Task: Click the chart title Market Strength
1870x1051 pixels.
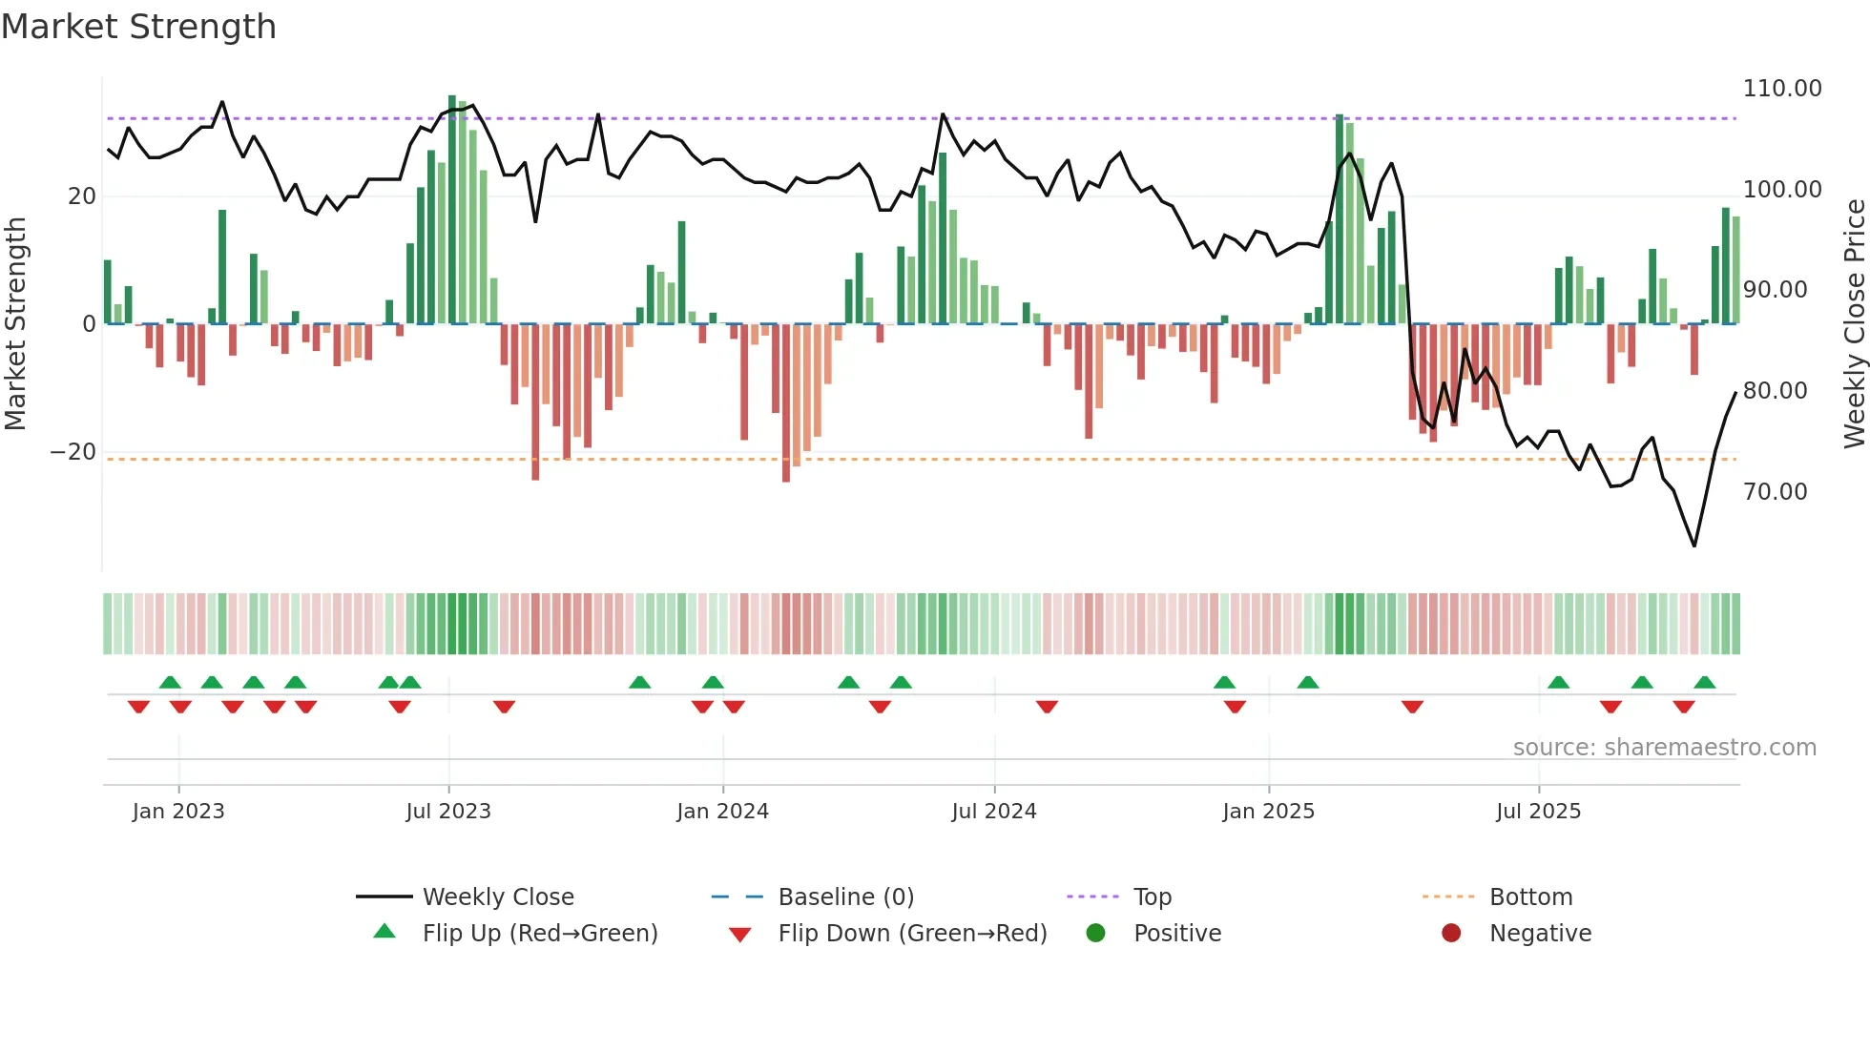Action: pos(138,27)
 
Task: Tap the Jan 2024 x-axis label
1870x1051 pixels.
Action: pos(722,812)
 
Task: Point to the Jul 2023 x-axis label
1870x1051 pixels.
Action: pos(447,812)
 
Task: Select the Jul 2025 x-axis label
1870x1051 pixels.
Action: pos(1538,812)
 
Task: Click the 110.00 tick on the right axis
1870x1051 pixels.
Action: pos(1781,89)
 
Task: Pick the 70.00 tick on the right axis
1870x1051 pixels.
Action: pos(1775,492)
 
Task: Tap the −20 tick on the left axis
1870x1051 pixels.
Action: pos(73,452)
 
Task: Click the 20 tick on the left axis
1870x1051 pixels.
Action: pos(82,196)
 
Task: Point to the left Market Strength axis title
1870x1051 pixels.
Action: pos(15,324)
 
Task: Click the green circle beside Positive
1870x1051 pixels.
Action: pos(1095,934)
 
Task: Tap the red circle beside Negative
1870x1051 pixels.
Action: pos(1451,934)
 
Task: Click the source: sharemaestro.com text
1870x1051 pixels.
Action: pos(1664,748)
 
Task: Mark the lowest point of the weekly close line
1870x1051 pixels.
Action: pos(1694,546)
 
